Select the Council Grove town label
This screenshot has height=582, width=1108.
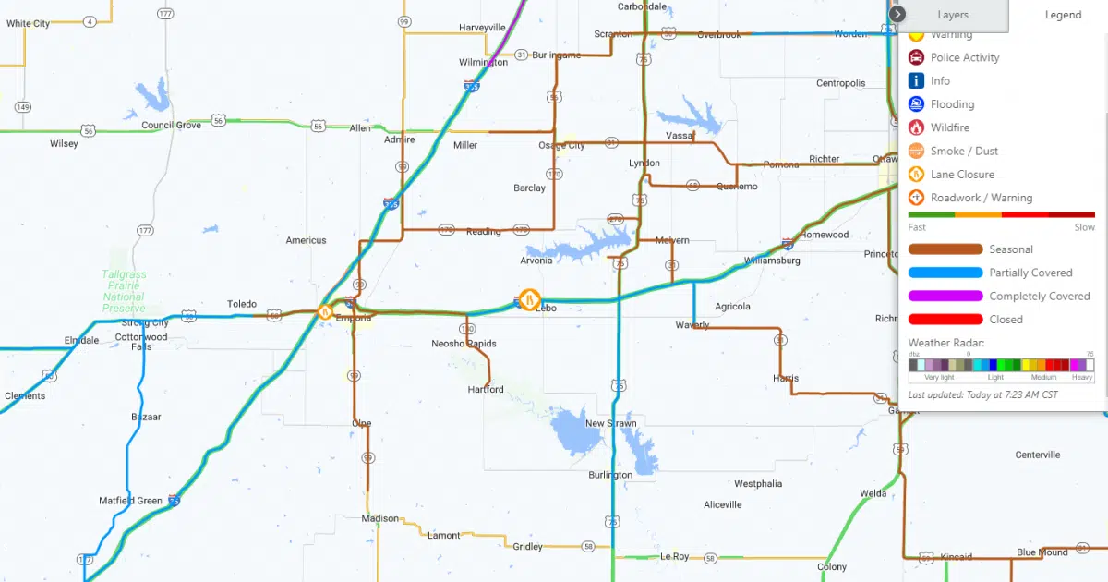(171, 125)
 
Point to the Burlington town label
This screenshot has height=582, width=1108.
(610, 475)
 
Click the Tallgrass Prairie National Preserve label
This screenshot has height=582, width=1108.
(124, 291)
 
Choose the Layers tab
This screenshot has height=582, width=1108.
(953, 15)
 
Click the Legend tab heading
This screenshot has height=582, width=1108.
(1063, 15)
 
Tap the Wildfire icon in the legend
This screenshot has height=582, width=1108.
(916, 127)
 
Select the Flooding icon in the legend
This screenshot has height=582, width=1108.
(916, 104)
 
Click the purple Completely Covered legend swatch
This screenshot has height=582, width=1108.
(945, 297)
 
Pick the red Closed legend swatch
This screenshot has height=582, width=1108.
(945, 320)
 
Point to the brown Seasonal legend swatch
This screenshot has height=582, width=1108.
(945, 249)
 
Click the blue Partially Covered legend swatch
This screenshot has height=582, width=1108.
(945, 273)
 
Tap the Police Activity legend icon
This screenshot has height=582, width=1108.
(916, 57)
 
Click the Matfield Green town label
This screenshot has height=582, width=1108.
(130, 501)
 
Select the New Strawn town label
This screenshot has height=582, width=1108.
(610, 423)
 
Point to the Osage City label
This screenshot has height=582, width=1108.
(561, 145)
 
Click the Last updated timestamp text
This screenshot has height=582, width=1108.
(982, 394)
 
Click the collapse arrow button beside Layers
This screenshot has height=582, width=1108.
(898, 15)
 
